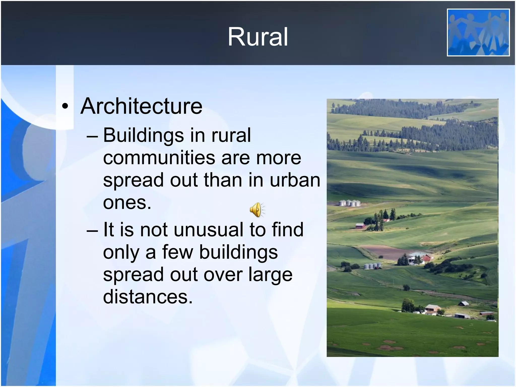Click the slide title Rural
coord(258,37)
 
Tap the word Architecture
coord(141,106)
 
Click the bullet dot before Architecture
coord(65,107)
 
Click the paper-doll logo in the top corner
coord(478,32)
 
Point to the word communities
coord(158,158)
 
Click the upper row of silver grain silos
coord(349,203)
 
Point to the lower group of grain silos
coord(372,266)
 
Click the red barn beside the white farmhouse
coord(427,258)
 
